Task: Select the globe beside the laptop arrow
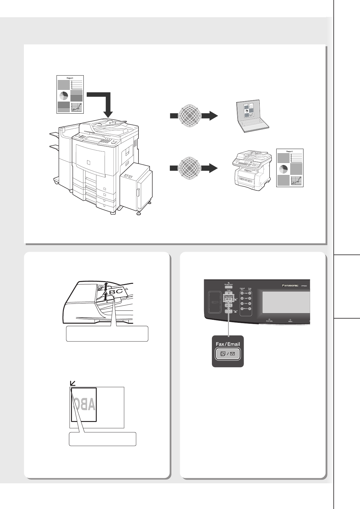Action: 190,115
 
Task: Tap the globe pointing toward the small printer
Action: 190,168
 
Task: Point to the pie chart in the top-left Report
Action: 64,96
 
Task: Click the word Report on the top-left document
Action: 70,78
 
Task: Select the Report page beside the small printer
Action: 290,168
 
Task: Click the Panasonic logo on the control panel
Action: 290,285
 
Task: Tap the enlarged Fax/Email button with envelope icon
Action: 228,354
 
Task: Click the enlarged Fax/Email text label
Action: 228,344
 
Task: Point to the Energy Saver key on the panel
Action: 229,286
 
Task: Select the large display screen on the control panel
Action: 286,302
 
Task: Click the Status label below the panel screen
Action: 290,321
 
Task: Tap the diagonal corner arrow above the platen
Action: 73,383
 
